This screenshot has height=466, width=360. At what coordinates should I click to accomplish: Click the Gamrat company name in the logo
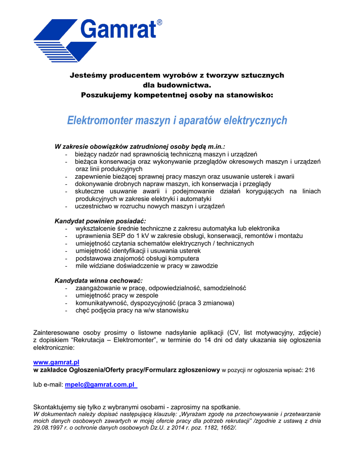pyautogui.click(x=119, y=30)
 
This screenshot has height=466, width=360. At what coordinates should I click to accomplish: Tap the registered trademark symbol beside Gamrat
pyautogui.click(x=159, y=22)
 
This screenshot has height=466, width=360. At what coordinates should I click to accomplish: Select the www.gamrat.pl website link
pyautogui.click(x=56, y=362)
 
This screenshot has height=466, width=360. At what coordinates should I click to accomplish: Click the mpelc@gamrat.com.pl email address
pyautogui.click(x=101, y=385)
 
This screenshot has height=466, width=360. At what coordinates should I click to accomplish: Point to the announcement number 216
pyautogui.click(x=309, y=370)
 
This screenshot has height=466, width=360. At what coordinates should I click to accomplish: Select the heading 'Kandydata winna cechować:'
pyautogui.click(x=98, y=280)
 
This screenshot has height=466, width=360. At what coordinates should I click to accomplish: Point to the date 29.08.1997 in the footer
pyautogui.click(x=49, y=428)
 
